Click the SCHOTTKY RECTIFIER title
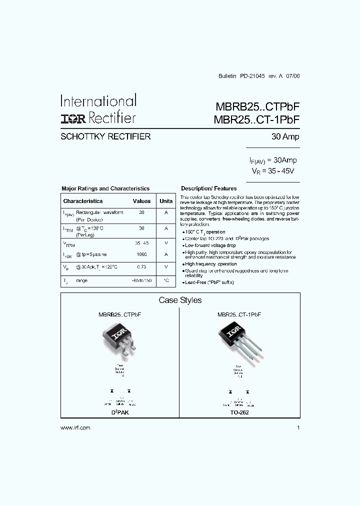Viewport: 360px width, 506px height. (x=105, y=136)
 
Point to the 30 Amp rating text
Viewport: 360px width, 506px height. (x=285, y=137)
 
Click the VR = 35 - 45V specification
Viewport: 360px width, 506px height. (x=273, y=170)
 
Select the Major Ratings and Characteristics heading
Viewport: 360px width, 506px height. (x=105, y=188)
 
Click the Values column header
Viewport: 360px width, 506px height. (x=141, y=201)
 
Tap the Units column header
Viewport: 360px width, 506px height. (x=166, y=201)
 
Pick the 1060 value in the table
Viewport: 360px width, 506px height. (x=141, y=254)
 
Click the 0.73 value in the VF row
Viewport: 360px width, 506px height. (x=141, y=267)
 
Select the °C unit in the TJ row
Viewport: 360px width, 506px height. (x=166, y=280)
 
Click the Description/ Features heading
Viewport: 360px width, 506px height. (x=208, y=188)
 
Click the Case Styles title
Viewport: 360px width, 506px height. (x=180, y=300)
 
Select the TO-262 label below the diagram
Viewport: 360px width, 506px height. (x=239, y=412)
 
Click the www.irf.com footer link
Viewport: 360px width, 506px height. (x=75, y=428)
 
